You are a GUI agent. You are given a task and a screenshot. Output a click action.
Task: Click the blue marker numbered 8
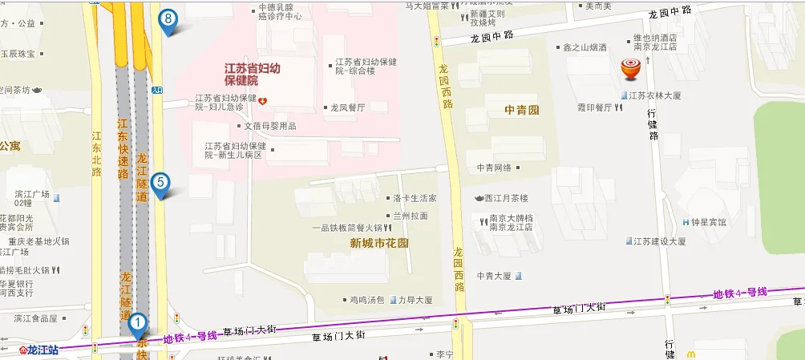168,20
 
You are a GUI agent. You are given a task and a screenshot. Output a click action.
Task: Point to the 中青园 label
522,109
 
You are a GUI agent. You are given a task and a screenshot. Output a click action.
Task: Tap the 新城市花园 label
379,242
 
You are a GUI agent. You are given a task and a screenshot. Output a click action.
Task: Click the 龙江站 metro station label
42,350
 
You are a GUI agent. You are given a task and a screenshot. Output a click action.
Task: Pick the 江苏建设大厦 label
659,241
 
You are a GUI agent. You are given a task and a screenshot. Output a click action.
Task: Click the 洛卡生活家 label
415,198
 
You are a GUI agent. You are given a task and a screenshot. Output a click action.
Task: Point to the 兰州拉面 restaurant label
411,216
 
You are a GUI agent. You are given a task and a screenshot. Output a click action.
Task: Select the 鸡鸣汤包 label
366,300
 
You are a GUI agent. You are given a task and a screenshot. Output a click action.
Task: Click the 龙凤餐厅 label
347,107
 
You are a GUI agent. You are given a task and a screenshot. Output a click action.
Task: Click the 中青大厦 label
493,275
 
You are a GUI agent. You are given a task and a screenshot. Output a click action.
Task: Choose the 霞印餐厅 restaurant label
589,105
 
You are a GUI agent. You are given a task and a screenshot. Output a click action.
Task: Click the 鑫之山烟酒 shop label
585,47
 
